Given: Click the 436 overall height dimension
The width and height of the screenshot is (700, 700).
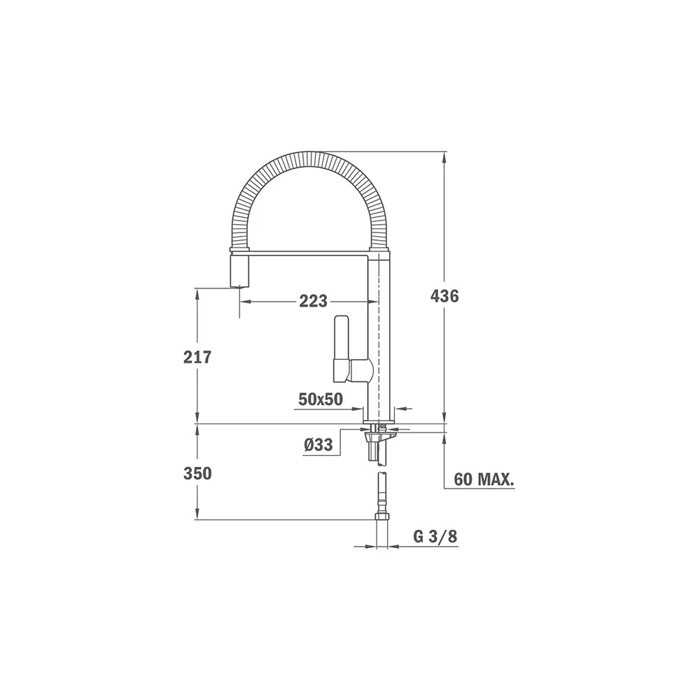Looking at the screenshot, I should click(x=444, y=296).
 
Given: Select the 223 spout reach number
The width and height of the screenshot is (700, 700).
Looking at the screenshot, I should click(x=313, y=301).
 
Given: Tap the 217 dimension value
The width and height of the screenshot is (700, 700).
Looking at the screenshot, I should click(x=197, y=357).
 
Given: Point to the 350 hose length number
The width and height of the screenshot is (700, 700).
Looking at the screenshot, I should click(x=197, y=473).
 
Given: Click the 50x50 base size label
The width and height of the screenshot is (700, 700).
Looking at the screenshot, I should click(x=320, y=399).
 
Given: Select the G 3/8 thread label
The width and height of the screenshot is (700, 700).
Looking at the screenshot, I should click(x=435, y=537).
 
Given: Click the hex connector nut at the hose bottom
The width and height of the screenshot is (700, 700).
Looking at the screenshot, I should click(x=382, y=517).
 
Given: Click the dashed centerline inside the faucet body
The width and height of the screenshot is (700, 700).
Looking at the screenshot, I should click(x=379, y=336).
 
